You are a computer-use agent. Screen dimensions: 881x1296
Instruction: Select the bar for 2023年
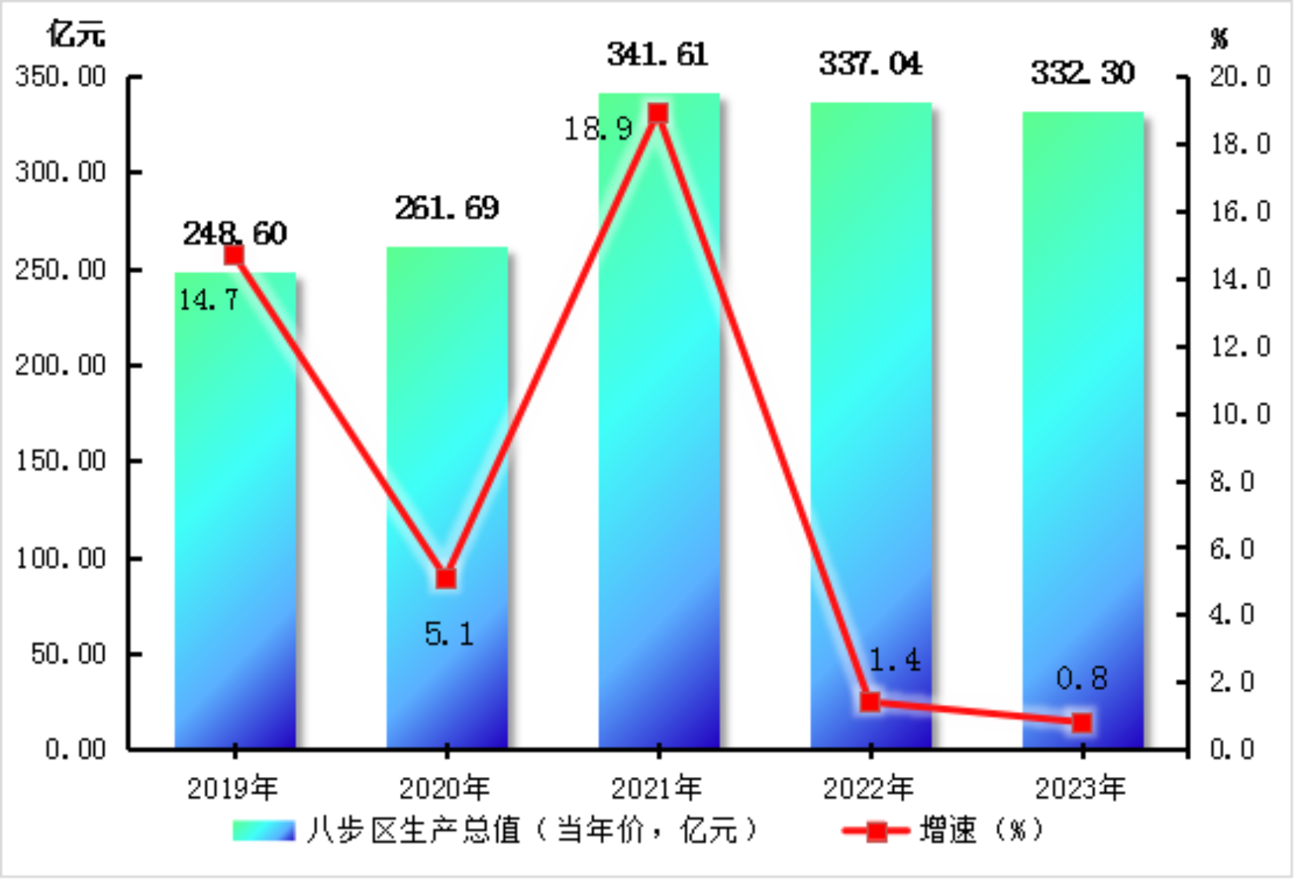pyautogui.click(x=1082, y=430)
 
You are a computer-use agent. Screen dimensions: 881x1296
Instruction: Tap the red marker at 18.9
pyautogui.click(x=658, y=113)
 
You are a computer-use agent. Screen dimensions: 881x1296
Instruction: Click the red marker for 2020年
pyautogui.click(x=446, y=578)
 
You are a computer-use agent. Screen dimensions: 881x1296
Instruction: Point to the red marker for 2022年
pyautogui.click(x=870, y=702)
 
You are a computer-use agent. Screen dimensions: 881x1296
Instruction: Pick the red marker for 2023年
pyautogui.click(x=1082, y=723)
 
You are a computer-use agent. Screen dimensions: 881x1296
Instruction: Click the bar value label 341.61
pyautogui.click(x=657, y=55)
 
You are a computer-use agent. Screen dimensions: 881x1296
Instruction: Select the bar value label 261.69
pyautogui.click(x=446, y=208)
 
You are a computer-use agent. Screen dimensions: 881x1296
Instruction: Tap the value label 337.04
pyautogui.click(x=870, y=64)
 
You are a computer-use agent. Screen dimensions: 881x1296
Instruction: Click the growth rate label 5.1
pyautogui.click(x=449, y=635)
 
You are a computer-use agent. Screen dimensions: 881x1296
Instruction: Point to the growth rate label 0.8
pyautogui.click(x=1082, y=678)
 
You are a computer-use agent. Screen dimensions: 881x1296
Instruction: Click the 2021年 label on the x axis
pyautogui.click(x=657, y=788)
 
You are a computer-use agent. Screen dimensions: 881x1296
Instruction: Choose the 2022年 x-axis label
pyautogui.click(x=869, y=788)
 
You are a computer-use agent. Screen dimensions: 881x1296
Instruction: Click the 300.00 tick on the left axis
pyautogui.click(x=61, y=172)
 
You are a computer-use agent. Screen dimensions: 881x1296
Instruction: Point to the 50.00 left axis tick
pyautogui.click(x=69, y=654)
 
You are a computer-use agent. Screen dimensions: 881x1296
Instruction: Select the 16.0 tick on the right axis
pyautogui.click(x=1240, y=211)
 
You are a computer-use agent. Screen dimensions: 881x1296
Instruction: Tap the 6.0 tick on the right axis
pyautogui.click(x=1232, y=548)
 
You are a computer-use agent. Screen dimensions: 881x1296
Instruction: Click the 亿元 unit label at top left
pyautogui.click(x=75, y=34)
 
